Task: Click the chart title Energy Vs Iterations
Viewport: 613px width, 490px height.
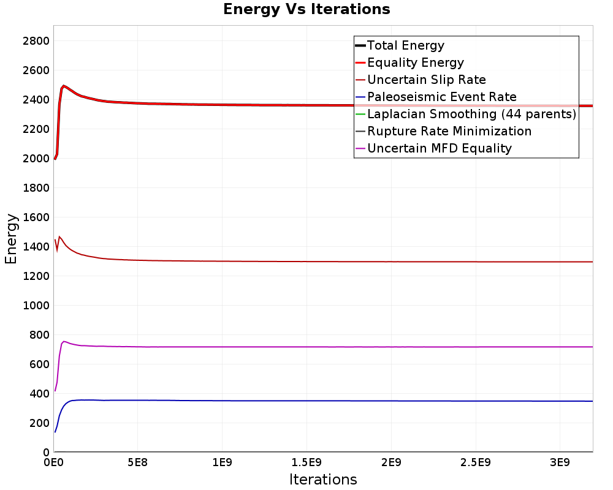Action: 306,9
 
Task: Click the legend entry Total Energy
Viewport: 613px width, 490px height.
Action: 400,45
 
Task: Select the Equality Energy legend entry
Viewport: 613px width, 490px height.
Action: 409,62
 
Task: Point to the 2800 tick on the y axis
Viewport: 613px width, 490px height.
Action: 36,40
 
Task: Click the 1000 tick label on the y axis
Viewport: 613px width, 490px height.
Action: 36,305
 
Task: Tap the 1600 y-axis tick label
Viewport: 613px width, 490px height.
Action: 36,217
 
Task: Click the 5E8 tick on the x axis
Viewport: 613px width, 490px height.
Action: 137,462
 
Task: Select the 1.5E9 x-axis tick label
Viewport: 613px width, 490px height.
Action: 306,462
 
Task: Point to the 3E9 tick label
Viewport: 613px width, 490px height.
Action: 560,462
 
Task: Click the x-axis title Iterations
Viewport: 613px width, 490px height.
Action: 323,479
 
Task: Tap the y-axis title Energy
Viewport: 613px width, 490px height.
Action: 11,239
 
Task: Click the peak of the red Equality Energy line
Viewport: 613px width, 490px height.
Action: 63,86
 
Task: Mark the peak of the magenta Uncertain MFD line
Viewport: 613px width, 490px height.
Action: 64,341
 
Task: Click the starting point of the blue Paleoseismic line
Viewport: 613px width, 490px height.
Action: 55,432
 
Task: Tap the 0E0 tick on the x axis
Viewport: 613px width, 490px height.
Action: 53,462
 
